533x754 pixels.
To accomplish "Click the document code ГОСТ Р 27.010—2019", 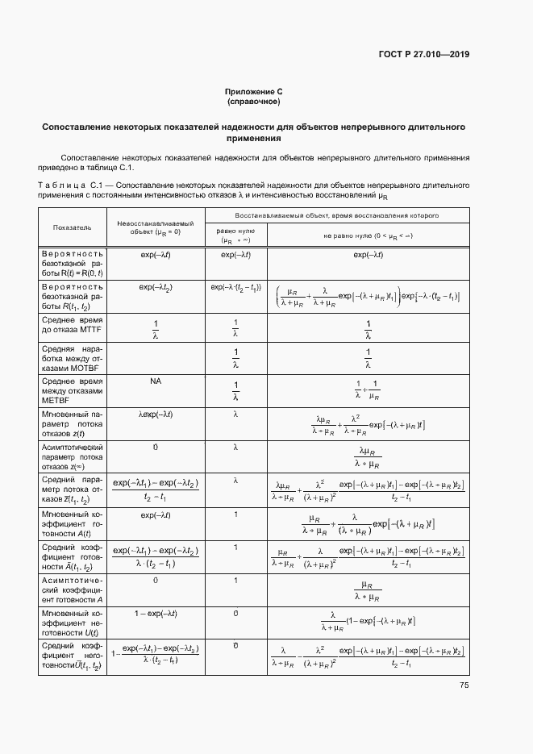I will pos(423,55).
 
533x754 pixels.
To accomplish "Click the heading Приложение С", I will pos(254,94).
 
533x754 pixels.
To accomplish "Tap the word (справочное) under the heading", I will pos(254,102).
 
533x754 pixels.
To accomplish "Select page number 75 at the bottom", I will pos(464,685).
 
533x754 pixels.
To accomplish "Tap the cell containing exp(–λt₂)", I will pos(156,286).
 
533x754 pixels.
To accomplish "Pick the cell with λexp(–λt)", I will pos(156,414).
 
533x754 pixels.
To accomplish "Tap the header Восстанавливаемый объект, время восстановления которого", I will pos(336,216).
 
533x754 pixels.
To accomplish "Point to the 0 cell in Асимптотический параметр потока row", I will pos(156,446).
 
